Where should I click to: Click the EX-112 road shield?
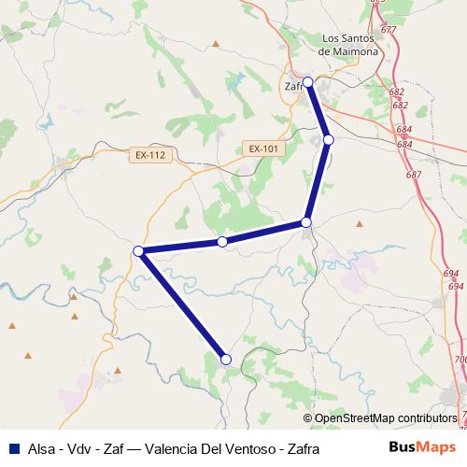pyautogui.click(x=150, y=155)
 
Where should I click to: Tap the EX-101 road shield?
pyautogui.click(x=264, y=149)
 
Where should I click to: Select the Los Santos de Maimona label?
pyautogui.click(x=349, y=45)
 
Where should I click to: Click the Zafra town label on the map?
pyautogui.click(x=294, y=87)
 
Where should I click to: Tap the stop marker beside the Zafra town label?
pyautogui.click(x=308, y=81)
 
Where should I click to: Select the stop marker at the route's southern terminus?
pyautogui.click(x=225, y=359)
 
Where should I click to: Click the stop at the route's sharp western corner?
pyautogui.click(x=138, y=250)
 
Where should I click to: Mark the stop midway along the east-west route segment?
pyautogui.click(x=222, y=241)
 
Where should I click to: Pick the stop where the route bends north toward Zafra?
pyautogui.click(x=306, y=222)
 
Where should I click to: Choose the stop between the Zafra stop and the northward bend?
pyautogui.click(x=329, y=140)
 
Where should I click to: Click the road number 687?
pyautogui.click(x=413, y=176)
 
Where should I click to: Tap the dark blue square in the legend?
pyautogui.click(x=13, y=448)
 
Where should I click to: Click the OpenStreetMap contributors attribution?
pyautogui.click(x=387, y=418)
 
